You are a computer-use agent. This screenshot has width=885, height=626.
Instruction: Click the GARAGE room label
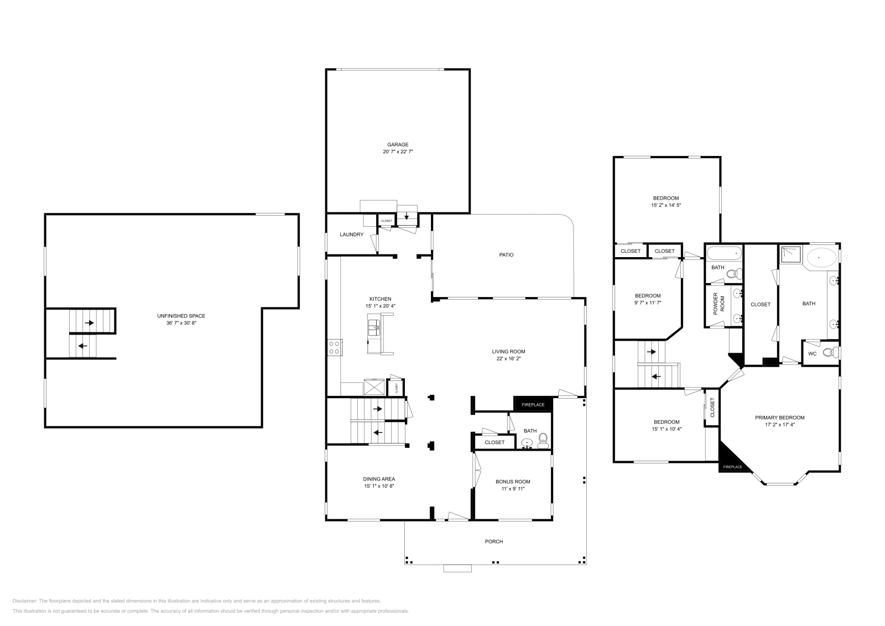[x=398, y=145]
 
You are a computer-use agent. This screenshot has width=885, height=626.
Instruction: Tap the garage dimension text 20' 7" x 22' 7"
[x=398, y=151]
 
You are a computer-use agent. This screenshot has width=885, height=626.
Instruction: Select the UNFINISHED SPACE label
[x=181, y=316]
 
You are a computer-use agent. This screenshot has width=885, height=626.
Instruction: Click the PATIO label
[x=506, y=255]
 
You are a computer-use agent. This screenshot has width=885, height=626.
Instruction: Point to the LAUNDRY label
[x=351, y=234]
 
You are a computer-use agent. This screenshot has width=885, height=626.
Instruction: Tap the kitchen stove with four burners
[x=335, y=347]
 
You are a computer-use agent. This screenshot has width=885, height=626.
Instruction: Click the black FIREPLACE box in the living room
[x=533, y=404]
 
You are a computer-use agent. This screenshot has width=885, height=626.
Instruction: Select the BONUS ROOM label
[x=513, y=482]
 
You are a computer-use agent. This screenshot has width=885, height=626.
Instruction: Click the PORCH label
[x=494, y=541]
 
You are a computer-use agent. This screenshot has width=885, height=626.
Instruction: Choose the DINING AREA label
[x=379, y=479]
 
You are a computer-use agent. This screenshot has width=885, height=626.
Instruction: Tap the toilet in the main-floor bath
[x=543, y=441]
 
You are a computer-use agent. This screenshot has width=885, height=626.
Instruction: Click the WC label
[x=812, y=353]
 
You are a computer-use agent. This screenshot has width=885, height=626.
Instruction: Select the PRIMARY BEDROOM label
[x=779, y=418]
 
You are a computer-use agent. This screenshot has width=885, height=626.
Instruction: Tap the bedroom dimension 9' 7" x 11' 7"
[x=647, y=302]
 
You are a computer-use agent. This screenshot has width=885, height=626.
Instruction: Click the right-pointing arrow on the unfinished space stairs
[x=89, y=322]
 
